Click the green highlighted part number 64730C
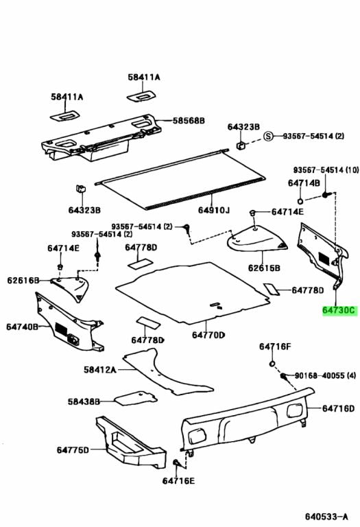[x=339, y=310]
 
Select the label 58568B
[x=189, y=120]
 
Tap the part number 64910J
[x=215, y=209]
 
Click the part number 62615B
[x=265, y=268]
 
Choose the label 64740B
[x=23, y=327]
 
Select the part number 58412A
[x=101, y=369]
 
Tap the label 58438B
[x=84, y=401]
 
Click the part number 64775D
[x=73, y=450]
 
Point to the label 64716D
[x=339, y=408]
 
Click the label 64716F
[x=275, y=347]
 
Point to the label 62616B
[x=23, y=280]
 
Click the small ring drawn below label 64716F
[x=272, y=362]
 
